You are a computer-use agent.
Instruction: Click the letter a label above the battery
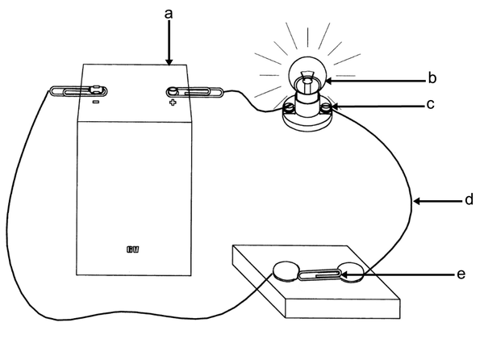(x=169, y=15)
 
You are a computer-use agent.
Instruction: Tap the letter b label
(x=432, y=78)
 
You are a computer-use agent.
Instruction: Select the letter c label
(x=430, y=104)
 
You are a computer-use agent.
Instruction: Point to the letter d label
(x=469, y=199)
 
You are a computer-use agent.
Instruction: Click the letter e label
(x=461, y=274)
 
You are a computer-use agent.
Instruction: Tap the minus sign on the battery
(x=96, y=102)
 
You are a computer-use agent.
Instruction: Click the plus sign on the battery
(x=173, y=103)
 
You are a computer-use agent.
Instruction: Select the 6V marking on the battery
(x=133, y=249)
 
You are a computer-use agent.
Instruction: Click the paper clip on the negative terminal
(x=79, y=91)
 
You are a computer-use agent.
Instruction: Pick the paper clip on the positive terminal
(x=194, y=92)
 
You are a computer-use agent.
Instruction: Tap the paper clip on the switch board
(x=320, y=274)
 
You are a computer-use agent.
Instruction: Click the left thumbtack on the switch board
(x=286, y=271)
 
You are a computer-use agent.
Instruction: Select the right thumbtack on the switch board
(x=352, y=272)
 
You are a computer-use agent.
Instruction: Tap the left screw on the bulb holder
(x=288, y=107)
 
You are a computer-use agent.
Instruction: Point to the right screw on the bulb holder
(x=327, y=107)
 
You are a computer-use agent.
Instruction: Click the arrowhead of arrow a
(x=169, y=62)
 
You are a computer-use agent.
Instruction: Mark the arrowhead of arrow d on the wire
(x=417, y=201)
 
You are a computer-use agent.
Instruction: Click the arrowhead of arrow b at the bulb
(x=329, y=81)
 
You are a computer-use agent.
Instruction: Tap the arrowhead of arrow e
(x=344, y=274)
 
